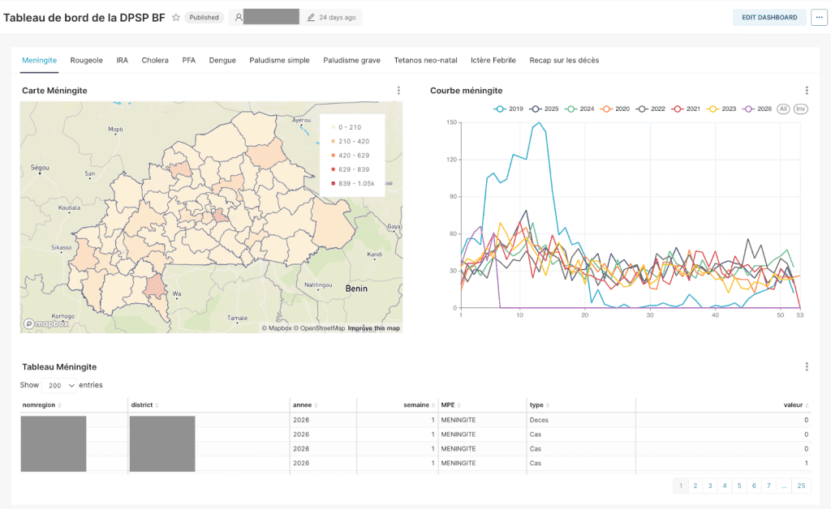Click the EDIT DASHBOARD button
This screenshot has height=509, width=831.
pos(769,17)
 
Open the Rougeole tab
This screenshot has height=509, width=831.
pos(86,60)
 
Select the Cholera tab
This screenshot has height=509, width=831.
pos(155,60)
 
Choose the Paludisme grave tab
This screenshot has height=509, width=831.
pos(351,60)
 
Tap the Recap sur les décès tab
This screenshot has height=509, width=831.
pos(564,60)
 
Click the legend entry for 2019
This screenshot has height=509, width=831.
pos(509,109)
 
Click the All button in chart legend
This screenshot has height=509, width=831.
pos(783,109)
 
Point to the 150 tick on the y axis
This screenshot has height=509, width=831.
pos(452,122)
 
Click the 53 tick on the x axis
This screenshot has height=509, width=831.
pos(800,315)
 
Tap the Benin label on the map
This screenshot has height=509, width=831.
pos(356,288)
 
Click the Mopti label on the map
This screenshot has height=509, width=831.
pos(115,129)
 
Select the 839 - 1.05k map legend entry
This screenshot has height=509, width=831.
pos(353,183)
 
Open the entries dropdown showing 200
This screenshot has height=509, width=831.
pos(58,385)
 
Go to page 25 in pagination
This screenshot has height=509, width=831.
pos(801,485)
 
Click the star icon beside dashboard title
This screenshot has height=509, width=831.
pos(175,17)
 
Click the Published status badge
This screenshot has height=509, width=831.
pos(204,17)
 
